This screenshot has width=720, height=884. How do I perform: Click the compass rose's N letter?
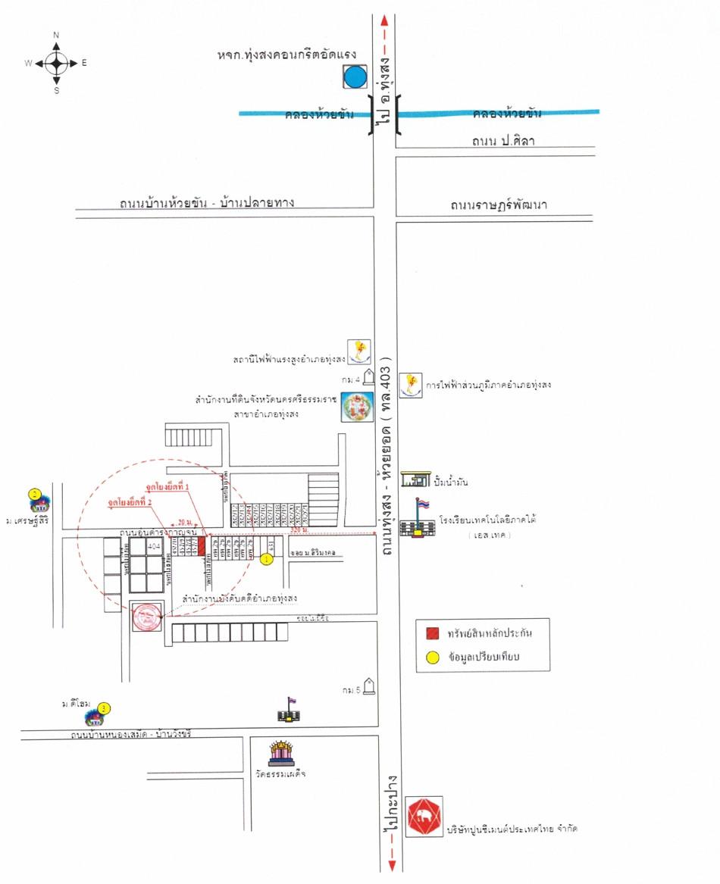(x=57, y=35)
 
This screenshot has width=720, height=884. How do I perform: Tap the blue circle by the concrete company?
(x=354, y=77)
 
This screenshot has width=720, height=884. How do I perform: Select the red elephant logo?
(x=423, y=817)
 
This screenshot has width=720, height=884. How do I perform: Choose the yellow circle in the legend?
(x=432, y=658)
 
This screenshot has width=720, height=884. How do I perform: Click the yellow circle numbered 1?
(x=266, y=559)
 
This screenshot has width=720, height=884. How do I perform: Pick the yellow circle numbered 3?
(x=105, y=708)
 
